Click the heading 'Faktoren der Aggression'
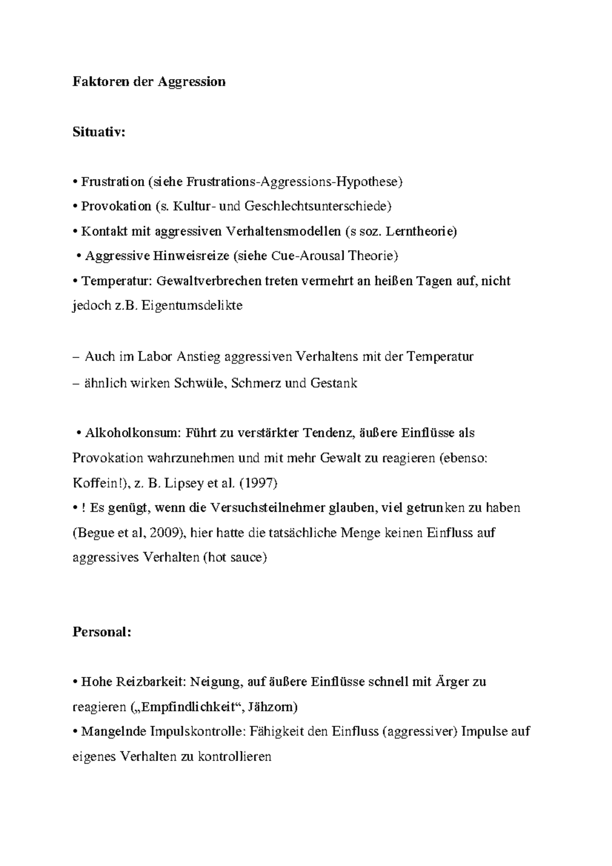149,82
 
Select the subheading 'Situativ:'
98,132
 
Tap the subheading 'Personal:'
102,632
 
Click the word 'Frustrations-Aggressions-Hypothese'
294,182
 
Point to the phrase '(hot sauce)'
235,557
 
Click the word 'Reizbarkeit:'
148,682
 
